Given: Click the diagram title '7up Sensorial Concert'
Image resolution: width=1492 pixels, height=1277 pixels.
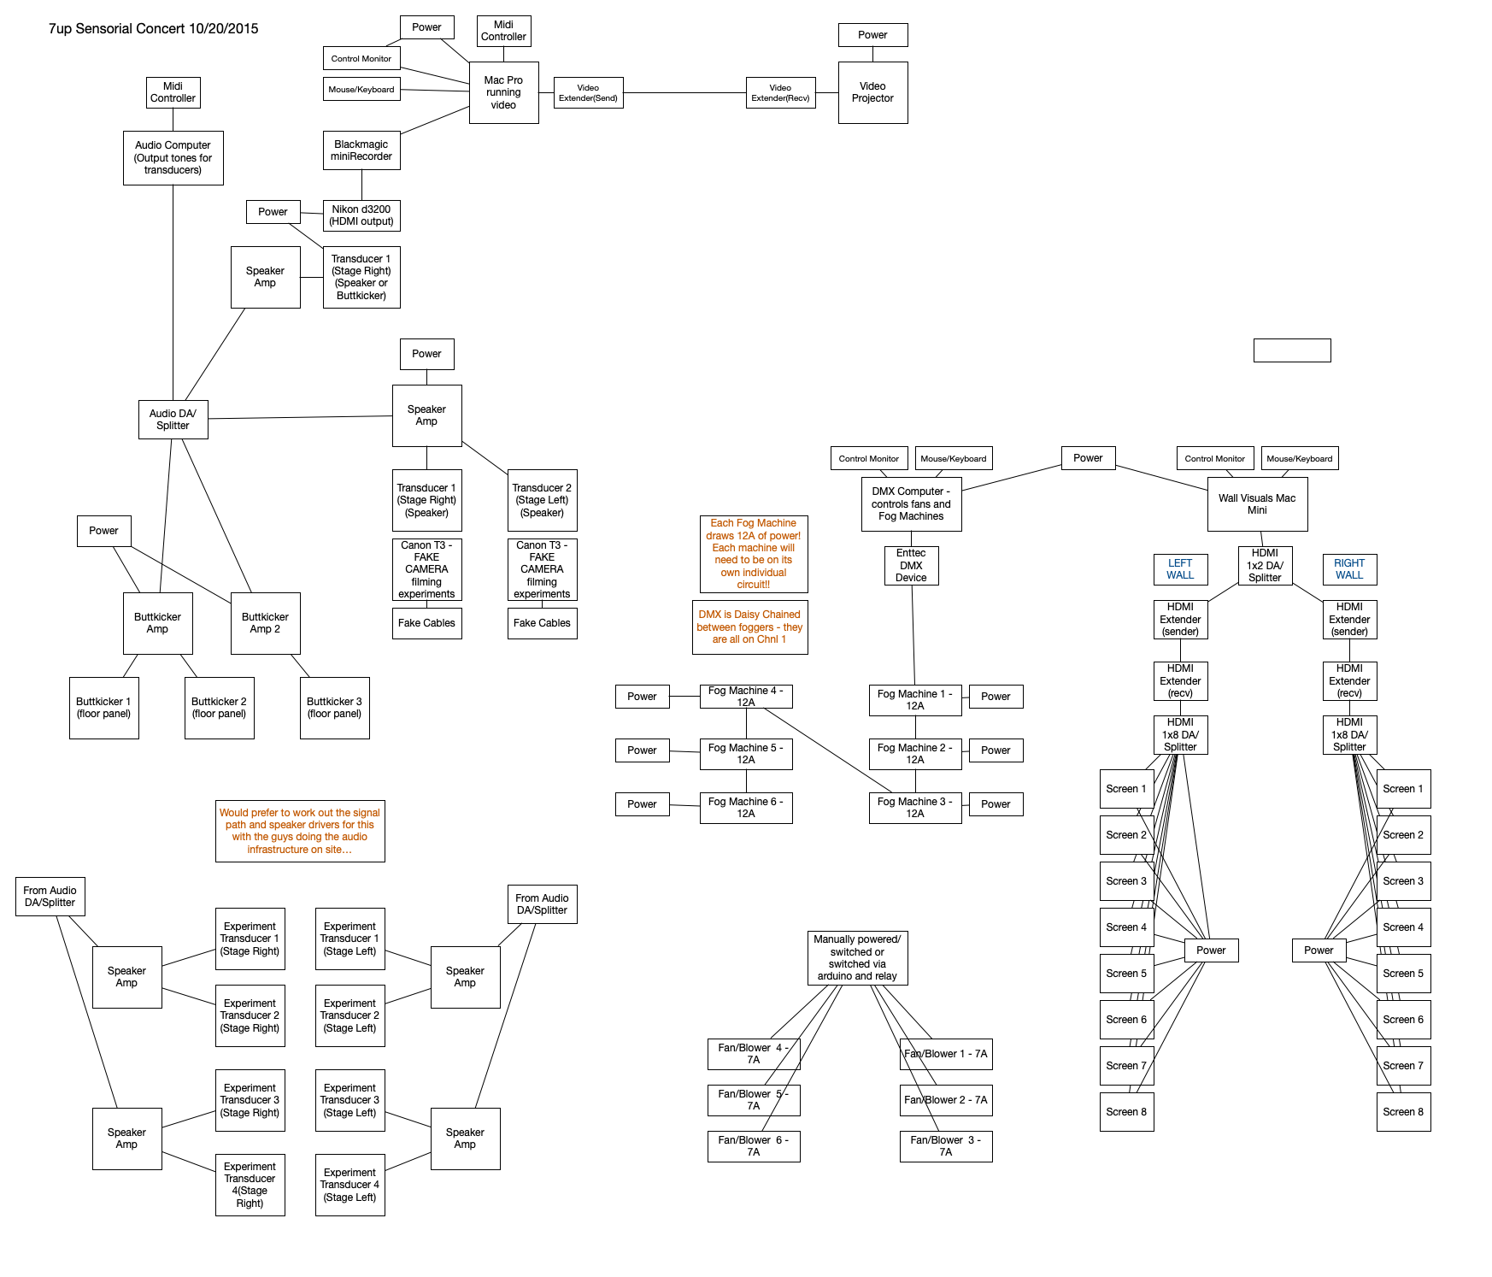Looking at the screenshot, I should point(153,29).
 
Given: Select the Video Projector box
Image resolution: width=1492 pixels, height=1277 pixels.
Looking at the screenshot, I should point(872,92).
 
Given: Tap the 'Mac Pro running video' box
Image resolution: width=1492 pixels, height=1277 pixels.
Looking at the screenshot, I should point(503,92).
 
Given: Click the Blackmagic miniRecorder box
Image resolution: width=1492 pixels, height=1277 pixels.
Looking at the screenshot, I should point(361,150).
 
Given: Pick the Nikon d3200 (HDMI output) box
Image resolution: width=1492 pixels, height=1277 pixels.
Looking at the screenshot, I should point(361,215).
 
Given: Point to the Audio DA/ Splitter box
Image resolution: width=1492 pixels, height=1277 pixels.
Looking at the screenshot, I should point(173,420).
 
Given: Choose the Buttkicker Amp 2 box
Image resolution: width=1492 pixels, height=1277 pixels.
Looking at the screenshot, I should point(265,623).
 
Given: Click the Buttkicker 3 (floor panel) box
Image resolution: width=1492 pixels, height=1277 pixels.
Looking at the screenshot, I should point(334,708).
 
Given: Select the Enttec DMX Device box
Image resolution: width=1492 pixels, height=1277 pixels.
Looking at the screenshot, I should point(911,566).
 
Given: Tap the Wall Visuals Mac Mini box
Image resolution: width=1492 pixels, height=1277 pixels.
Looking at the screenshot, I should point(1257,504).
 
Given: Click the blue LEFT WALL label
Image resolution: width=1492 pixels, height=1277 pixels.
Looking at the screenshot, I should point(1180,569).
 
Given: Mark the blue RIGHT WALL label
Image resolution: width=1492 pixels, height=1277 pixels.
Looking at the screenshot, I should point(1349,569).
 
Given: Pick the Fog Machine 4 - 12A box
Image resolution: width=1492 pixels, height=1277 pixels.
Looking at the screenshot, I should point(746,697).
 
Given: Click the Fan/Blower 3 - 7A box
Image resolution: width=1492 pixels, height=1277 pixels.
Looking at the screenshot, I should point(946,1146).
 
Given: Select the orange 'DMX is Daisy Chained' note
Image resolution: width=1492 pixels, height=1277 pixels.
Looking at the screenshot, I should point(749,627).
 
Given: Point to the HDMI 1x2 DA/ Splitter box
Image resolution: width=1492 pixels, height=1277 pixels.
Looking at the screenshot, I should point(1265,566).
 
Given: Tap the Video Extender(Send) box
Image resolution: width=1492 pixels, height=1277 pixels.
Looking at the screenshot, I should point(588,93).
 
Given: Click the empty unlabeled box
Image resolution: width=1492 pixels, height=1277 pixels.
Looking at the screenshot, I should point(1292,350).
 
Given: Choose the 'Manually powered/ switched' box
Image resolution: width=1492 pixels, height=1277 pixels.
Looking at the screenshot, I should point(857,957).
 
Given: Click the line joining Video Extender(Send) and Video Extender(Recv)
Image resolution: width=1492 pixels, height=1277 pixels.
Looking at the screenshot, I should point(684,93).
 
